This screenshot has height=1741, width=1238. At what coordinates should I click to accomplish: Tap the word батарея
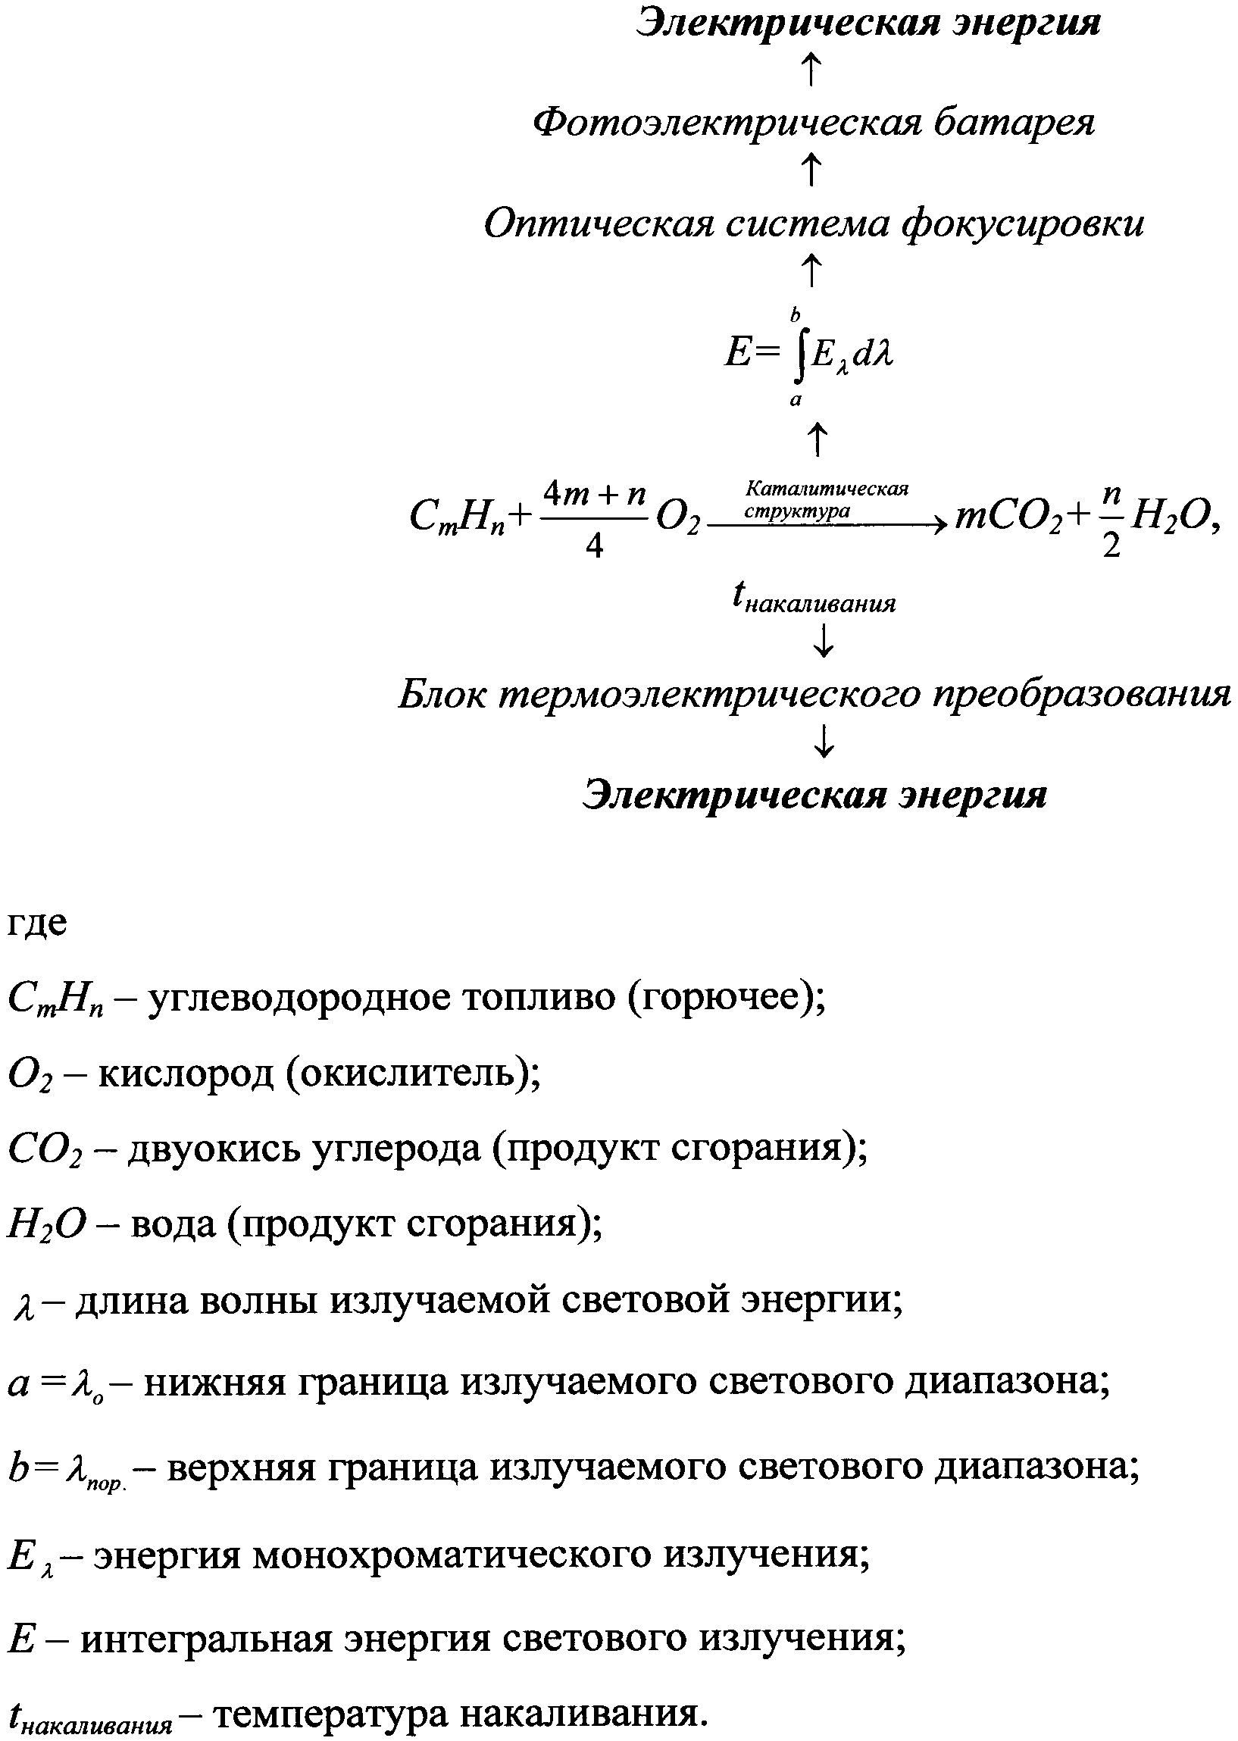[x=1015, y=123]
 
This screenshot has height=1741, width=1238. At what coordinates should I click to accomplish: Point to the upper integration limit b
[x=795, y=314]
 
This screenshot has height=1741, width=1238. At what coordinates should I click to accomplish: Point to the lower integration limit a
[x=795, y=399]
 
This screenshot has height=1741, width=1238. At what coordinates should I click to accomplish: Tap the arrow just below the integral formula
[x=818, y=440]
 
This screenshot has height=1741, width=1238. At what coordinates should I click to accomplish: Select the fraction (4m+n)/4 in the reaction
[x=594, y=520]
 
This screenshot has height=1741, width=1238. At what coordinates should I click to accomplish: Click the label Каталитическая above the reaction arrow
[x=827, y=488]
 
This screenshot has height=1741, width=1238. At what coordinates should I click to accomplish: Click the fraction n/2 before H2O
[x=1111, y=521]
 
